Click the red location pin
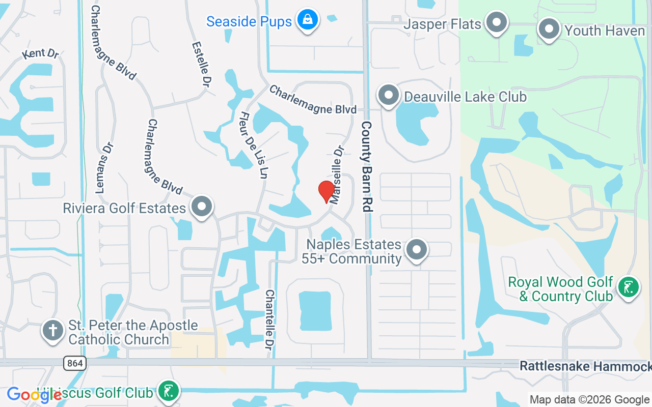coord(326,191)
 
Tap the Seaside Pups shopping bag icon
coord(307,20)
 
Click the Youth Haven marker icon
coord(549,30)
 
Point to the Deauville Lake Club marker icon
coord(389,95)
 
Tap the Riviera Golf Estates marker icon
coord(202,207)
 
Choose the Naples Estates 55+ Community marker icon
coord(417,250)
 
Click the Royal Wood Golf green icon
coord(628,287)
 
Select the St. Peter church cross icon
coord(53,331)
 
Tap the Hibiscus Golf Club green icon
coord(167,391)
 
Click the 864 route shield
coord(75,363)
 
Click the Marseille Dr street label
coord(337,175)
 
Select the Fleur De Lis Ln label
coord(254,145)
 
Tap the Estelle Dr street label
coord(201,63)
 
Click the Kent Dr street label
coord(41,53)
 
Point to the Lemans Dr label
coord(104,168)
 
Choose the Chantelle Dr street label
coord(269,320)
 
